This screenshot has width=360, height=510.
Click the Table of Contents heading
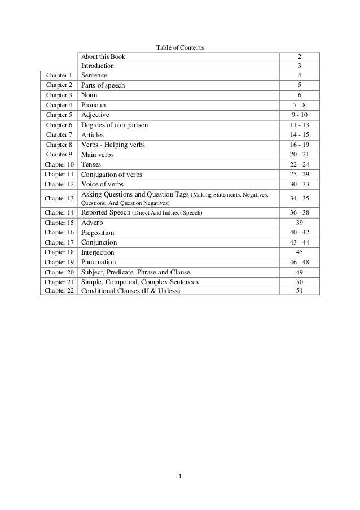180,47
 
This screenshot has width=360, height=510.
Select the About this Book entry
104,56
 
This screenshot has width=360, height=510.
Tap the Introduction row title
98,66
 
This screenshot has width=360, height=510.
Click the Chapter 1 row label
59,75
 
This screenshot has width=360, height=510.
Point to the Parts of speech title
103,85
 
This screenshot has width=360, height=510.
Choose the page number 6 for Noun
300,95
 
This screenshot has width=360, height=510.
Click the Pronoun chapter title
94,105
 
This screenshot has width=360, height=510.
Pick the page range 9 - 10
300,115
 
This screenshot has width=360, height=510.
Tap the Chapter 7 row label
59,135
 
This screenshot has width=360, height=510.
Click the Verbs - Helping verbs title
113,145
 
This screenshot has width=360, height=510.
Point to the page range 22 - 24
300,164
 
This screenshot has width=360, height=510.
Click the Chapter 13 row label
59,198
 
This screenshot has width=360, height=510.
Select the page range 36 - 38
300,212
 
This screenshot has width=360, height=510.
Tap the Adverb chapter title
93,223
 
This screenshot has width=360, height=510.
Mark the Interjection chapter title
98,252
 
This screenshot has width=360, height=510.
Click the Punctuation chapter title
99,262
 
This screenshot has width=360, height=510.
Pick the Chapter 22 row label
59,291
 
